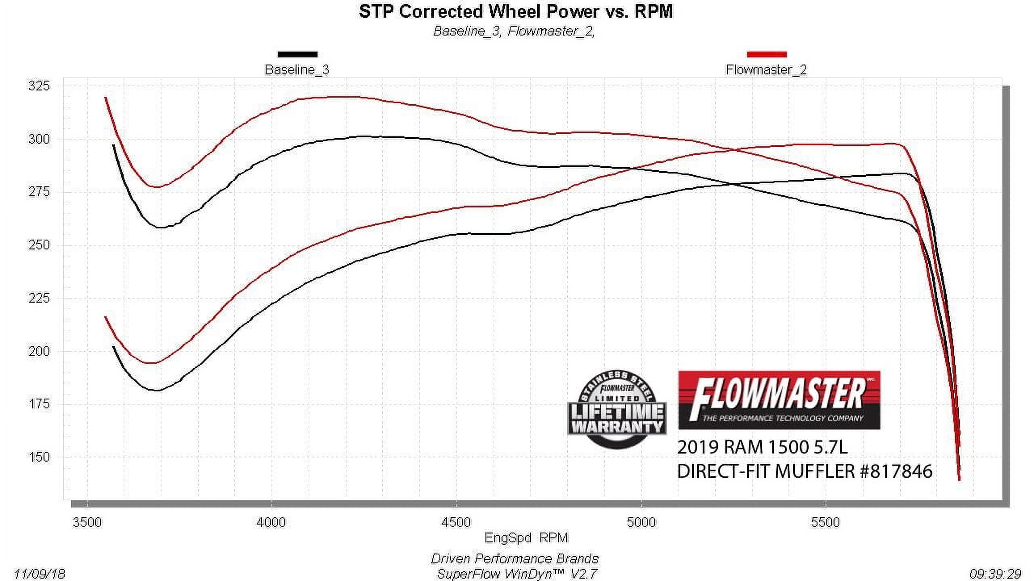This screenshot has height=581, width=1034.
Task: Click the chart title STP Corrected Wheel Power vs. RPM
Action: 516,11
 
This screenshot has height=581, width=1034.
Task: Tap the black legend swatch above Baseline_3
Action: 297,54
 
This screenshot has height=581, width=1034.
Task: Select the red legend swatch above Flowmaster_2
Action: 767,54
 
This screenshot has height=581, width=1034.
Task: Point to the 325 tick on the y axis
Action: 39,86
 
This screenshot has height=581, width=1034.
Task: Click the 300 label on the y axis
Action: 39,139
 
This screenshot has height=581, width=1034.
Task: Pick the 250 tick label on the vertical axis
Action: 39,245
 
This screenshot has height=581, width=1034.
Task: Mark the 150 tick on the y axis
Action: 39,457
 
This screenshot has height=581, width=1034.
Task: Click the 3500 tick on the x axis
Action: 87,522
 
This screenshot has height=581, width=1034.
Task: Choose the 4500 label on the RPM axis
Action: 456,522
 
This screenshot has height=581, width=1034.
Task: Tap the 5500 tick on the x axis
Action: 825,522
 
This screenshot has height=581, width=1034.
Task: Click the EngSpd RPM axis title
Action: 526,538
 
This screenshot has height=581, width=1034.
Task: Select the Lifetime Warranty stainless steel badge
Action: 617,410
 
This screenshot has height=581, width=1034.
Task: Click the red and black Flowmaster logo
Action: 779,400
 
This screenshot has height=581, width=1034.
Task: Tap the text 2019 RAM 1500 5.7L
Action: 762,447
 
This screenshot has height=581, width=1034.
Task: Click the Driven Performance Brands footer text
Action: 515,559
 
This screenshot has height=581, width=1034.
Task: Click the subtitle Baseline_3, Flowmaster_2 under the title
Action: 514,31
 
